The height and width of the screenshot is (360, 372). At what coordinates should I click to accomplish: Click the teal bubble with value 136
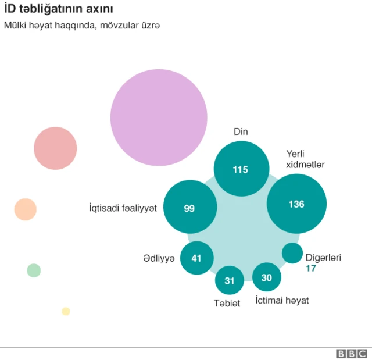[296, 204]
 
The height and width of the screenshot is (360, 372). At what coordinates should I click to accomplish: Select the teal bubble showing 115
[241, 169]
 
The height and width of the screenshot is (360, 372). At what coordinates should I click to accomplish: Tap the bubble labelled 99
[190, 208]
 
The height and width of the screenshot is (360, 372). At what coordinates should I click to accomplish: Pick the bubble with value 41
[196, 258]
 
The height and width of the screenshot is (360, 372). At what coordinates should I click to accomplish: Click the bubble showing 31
[230, 281]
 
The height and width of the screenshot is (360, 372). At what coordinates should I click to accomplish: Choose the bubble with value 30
[267, 277]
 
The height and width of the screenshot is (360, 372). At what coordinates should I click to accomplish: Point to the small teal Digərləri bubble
[292, 253]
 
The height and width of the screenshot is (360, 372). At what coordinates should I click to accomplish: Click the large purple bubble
[159, 117]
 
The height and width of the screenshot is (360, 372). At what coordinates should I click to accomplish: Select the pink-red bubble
[55, 148]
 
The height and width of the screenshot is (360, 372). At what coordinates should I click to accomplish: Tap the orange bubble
[26, 209]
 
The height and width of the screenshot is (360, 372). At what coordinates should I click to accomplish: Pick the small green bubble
[34, 270]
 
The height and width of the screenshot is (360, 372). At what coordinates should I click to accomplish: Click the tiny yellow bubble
[66, 311]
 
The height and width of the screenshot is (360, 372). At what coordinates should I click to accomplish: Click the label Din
[241, 132]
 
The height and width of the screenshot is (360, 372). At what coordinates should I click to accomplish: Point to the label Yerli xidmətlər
[305, 159]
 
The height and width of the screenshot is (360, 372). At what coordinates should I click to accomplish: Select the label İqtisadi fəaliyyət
[123, 208]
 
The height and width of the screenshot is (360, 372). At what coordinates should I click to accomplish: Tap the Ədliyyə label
[159, 258]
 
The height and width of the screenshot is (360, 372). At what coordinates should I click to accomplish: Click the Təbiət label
[226, 303]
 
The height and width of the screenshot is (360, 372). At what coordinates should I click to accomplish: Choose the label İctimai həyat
[282, 301]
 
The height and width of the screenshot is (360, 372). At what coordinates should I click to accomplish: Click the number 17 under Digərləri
[312, 268]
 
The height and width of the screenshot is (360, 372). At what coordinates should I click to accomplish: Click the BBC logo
[352, 354]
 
